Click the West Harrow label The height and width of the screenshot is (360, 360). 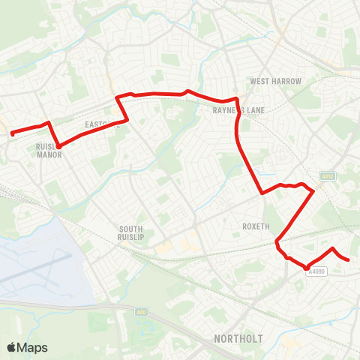pos(275,81)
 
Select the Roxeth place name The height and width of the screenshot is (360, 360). pos(255,226)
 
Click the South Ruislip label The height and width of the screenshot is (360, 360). pos(136,233)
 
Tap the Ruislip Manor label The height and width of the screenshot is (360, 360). pos(48,152)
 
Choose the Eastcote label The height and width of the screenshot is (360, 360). pos(101,125)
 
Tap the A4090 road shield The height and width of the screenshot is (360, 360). pos(316,272)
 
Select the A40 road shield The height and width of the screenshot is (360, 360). pos(140,311)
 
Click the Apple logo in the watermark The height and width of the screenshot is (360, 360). pos(12,347)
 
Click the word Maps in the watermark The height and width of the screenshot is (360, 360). pos(34,347)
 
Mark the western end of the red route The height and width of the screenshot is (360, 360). pos(12,134)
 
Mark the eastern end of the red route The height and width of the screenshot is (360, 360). pos(349,260)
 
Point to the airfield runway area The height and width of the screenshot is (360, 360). pos(37,262)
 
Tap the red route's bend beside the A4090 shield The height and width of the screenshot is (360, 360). pos(307,266)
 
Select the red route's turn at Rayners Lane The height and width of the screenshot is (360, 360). pos(237,100)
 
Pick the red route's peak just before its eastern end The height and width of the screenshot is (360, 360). pos(333,247)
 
